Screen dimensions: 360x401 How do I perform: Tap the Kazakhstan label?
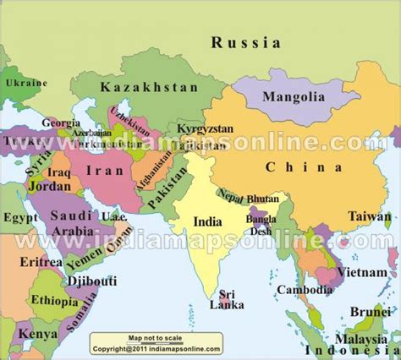(x=141, y=87)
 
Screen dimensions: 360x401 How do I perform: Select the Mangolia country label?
(x=294, y=96)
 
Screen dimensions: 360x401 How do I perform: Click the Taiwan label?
(x=369, y=215)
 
